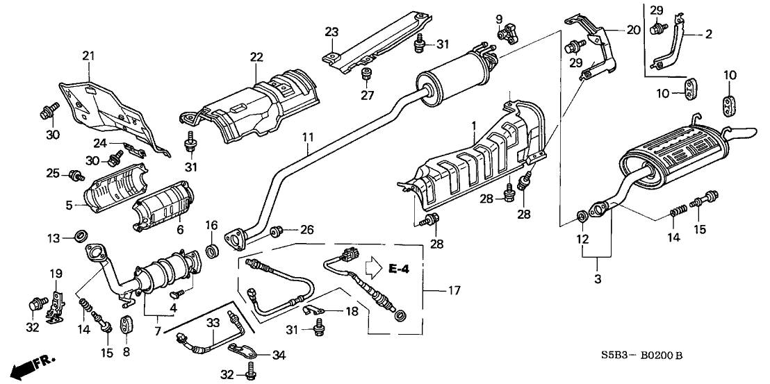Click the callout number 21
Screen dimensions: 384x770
tap(88, 56)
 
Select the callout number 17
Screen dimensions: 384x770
tap(454, 291)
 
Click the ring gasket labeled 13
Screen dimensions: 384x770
tap(81, 237)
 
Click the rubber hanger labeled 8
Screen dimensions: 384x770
tap(126, 324)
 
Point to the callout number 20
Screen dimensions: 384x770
tap(632, 30)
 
